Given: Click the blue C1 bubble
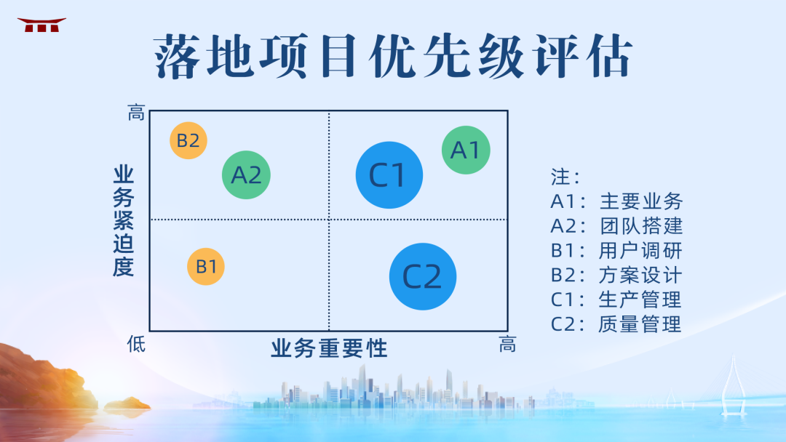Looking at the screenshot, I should tap(389, 175).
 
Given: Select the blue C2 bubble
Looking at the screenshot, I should tap(423, 276).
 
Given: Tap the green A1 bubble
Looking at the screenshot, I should tap(466, 150).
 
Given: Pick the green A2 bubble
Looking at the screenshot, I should tap(246, 175).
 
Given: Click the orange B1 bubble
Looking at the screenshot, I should tap(206, 266).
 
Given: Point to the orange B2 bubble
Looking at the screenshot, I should tap(188, 140).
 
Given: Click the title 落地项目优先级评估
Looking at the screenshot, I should tap(393, 57).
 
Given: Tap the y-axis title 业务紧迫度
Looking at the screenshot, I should tap(124, 221).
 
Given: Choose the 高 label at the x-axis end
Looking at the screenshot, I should tap(507, 345).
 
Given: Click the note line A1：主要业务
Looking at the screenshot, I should tap(616, 201).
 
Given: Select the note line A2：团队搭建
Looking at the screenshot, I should tap(616, 226).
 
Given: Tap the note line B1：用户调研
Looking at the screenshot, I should tap(616, 251).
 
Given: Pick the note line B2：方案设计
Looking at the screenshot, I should tap(616, 275).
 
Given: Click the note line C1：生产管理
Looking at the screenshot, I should tap(616, 300).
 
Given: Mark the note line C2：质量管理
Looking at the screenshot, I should tap(616, 324).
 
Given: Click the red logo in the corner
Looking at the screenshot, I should tap(41, 25).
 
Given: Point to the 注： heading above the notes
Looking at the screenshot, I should tap(565, 177).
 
